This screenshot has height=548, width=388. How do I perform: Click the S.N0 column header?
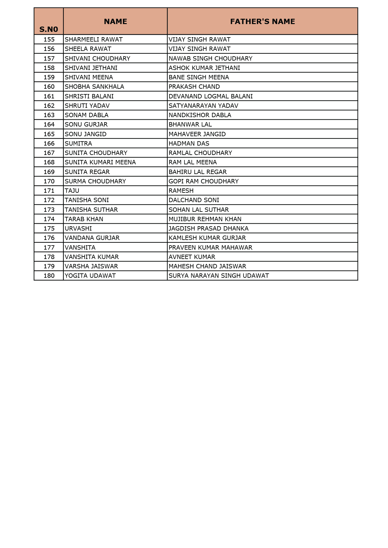[49, 29]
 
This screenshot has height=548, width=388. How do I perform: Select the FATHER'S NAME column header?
[262, 22]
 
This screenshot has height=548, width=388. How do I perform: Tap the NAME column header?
[115, 22]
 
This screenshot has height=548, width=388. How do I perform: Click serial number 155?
[49, 40]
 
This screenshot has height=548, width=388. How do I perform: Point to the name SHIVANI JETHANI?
[91, 68]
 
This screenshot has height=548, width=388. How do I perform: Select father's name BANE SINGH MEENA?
[199, 77]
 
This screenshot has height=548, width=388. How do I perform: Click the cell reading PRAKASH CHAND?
[194, 87]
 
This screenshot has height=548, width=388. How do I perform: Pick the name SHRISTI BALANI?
[89, 97]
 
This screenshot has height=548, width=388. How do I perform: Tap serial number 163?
[49, 115]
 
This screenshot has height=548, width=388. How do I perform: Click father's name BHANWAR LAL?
[190, 125]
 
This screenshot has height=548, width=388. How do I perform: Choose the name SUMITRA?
[78, 144]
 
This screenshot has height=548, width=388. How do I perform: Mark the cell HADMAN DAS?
[189, 144]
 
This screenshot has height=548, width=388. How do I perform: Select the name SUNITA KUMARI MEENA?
[100, 162]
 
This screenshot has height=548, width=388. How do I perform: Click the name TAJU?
[72, 191]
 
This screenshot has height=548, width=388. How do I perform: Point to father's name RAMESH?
[181, 191]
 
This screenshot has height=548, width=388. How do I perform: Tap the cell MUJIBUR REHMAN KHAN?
[205, 219]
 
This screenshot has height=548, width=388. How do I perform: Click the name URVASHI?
[78, 229]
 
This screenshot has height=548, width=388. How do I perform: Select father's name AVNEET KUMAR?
[192, 257]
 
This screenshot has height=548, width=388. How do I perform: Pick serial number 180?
[49, 276]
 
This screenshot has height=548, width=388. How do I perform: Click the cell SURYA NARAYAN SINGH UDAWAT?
[219, 276]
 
